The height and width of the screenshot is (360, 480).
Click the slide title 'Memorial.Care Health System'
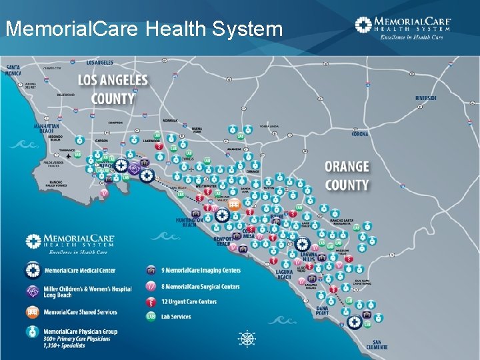[x=144, y=29]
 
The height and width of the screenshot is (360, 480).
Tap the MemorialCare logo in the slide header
[x=403, y=27]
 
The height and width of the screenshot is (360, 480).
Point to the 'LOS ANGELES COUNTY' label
[x=113, y=89]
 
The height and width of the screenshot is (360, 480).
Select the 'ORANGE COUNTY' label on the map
[x=347, y=175]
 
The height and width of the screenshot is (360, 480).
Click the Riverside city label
[x=426, y=98]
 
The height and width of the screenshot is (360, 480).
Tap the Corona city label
[x=360, y=134]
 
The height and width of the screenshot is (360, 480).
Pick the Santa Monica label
[x=13, y=70]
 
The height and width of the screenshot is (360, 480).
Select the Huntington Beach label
[x=190, y=222]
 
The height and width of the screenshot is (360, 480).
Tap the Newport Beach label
[x=223, y=241]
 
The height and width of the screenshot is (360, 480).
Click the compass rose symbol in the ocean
[x=247, y=339]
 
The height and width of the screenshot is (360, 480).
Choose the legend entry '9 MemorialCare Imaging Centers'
[x=194, y=270]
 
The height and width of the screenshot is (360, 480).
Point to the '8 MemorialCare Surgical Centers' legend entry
[x=194, y=287]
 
